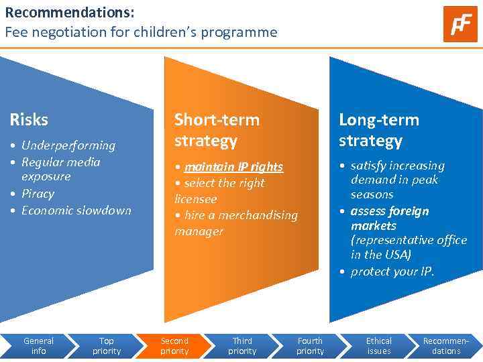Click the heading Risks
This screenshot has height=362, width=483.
(x=29, y=120)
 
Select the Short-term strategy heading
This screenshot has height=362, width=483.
(x=216, y=130)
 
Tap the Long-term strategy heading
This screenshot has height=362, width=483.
(x=378, y=130)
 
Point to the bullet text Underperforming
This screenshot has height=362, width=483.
(x=68, y=145)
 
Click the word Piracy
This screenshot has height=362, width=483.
(x=38, y=194)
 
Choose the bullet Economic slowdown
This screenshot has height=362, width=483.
(x=76, y=210)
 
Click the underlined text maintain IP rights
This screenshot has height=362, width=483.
(x=233, y=167)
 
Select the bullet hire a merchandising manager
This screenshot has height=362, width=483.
(x=235, y=223)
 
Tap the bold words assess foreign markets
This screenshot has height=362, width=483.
(x=389, y=219)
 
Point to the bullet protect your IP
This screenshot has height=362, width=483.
(x=392, y=271)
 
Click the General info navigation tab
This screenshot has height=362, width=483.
(x=39, y=346)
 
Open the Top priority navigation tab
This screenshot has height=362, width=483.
(x=107, y=346)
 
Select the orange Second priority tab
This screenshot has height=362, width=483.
(x=174, y=346)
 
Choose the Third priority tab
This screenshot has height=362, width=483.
(x=242, y=346)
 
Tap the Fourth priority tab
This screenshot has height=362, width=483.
(x=310, y=346)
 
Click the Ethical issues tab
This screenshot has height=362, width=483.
(x=379, y=346)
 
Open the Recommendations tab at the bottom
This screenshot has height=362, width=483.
(x=446, y=346)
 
